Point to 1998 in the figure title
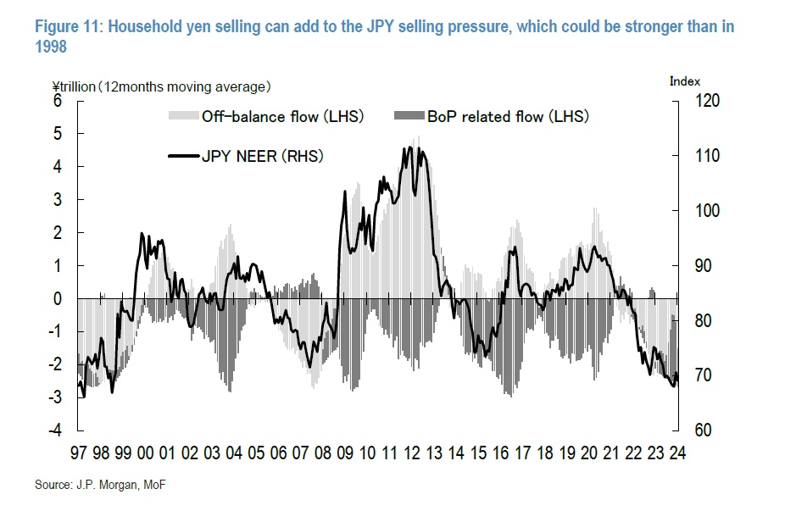click(50, 48)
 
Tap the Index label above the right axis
click(685, 81)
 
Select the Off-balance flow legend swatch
click(184, 116)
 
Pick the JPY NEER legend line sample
click(184, 155)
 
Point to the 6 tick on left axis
click(58, 101)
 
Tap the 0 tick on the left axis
click(58, 298)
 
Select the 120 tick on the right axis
click(707, 101)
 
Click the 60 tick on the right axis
click(704, 430)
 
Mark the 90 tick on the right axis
click(704, 266)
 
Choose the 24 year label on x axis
click(676, 453)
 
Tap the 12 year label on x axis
click(410, 453)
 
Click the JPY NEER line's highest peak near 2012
click(410, 147)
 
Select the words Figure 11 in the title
click(68, 26)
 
